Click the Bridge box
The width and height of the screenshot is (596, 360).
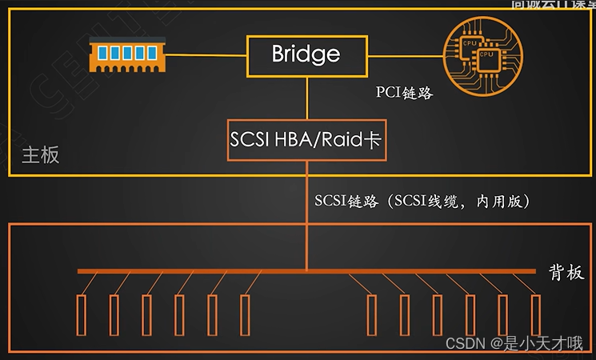pos(306,54)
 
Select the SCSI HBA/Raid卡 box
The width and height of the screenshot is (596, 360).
pos(306,139)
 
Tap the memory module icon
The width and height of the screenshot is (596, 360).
pos(124,53)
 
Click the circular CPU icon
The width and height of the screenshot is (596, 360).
pos(477,54)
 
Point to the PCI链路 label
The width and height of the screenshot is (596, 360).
pos(404,93)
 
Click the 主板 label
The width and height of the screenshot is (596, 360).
pos(40,154)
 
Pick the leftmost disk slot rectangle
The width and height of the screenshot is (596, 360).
pos(81,316)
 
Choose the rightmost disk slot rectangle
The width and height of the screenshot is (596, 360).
pos(535,316)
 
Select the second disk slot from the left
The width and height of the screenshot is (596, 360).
pos(114,316)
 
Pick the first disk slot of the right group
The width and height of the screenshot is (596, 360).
pos(371,316)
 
